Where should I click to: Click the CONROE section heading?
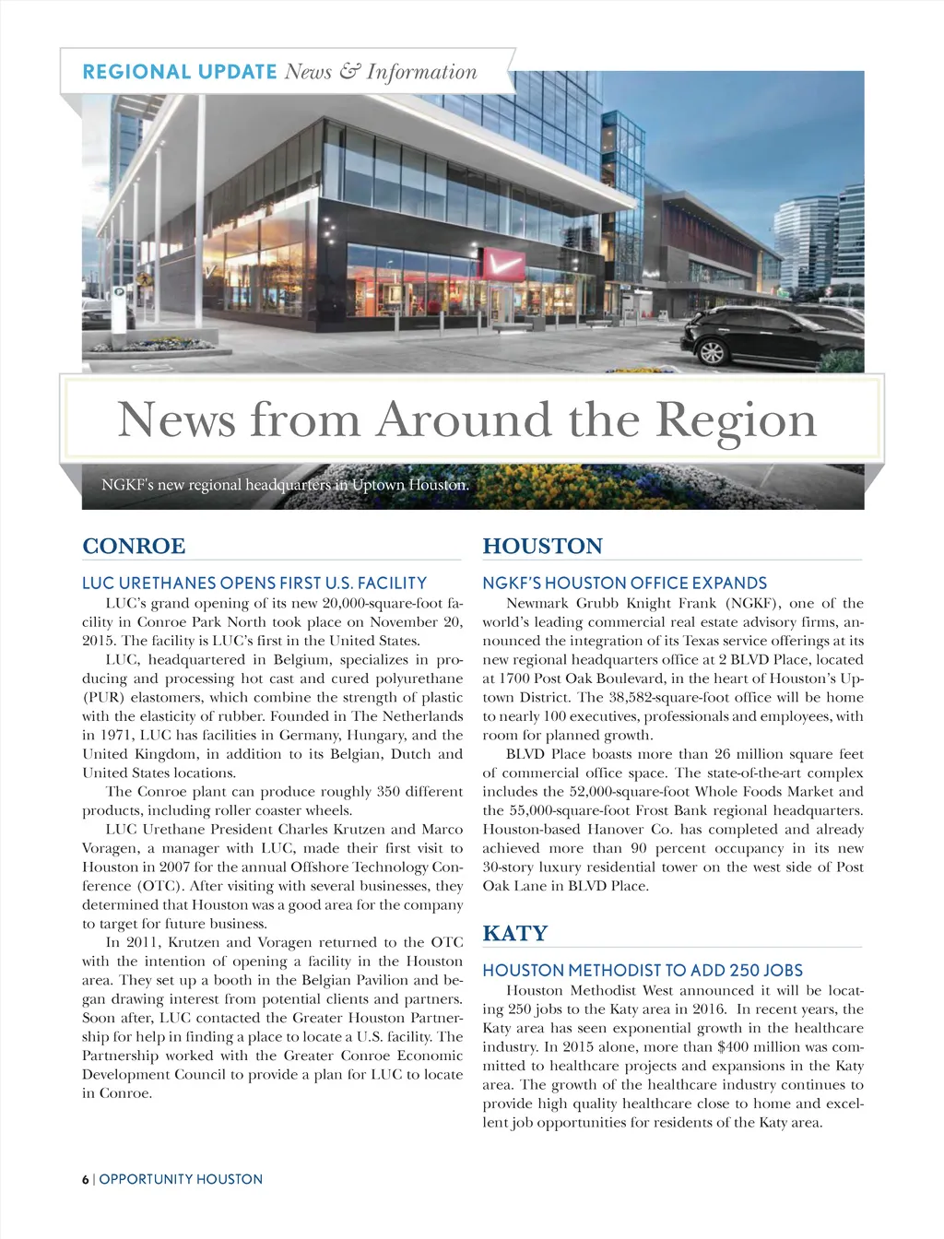tap(134, 546)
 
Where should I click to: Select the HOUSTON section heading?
tap(542, 546)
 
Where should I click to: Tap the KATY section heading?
tap(514, 933)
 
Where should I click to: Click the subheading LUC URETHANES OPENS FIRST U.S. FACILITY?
tap(254, 583)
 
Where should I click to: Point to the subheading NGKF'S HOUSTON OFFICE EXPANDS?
tap(624, 583)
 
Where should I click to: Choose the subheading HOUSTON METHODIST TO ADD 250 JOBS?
tap(643, 970)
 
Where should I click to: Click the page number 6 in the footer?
tap(85, 1179)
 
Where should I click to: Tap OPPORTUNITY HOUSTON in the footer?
tap(181, 1179)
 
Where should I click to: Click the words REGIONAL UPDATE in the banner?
tap(180, 72)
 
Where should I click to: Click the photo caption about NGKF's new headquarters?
tap(285, 485)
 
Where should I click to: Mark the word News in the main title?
tap(176, 419)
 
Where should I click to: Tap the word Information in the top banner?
tap(421, 72)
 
